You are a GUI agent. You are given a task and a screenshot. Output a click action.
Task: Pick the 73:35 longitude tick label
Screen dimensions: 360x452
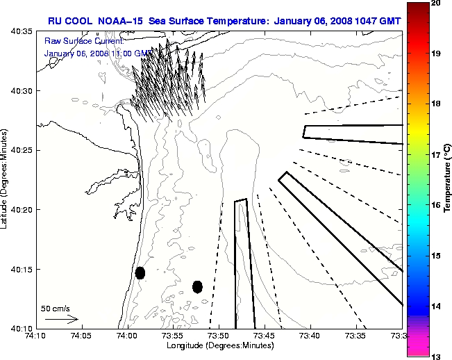(x=357, y=336)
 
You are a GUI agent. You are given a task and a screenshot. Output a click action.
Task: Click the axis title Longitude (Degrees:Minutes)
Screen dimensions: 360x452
(x=218, y=345)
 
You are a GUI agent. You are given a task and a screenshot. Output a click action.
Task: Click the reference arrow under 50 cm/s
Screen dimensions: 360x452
(x=61, y=320)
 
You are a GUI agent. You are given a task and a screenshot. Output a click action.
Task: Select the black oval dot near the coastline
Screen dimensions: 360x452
(x=140, y=272)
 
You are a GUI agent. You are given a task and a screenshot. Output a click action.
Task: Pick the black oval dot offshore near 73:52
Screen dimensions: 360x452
(x=197, y=286)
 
